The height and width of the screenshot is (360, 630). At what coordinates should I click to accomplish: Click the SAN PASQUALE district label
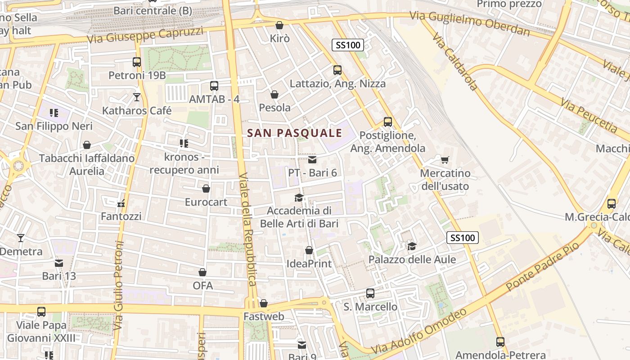pos(295,133)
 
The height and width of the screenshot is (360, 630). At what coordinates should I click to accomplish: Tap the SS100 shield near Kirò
pos(348,45)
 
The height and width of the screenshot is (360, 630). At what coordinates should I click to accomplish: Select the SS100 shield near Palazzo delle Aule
pos(462,238)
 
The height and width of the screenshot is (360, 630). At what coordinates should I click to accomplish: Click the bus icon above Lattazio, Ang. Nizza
pos(337,70)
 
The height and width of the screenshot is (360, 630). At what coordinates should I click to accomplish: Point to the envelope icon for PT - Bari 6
pos(312,160)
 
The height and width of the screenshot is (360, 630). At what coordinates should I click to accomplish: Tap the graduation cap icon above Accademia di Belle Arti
pos(299,198)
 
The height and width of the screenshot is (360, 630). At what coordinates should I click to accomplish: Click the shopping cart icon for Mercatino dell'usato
pos(445,160)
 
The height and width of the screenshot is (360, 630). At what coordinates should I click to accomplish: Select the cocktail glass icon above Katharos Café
pos(137,97)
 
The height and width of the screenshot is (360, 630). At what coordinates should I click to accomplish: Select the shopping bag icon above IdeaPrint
pos(309,250)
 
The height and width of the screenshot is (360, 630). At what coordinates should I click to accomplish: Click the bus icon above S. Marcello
pos(370,293)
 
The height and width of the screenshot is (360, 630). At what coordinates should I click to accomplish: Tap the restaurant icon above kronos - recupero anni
pos(184,144)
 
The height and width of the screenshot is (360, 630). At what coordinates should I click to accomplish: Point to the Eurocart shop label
pos(206,202)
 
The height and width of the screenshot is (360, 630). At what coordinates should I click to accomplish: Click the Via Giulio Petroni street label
pos(119,285)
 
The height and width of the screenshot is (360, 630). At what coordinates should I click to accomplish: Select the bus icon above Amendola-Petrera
pos(500,342)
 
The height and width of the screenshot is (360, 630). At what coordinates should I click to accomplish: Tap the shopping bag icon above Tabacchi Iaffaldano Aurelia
pos(87,145)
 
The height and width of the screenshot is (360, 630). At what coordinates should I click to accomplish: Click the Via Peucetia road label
pos(589,115)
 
